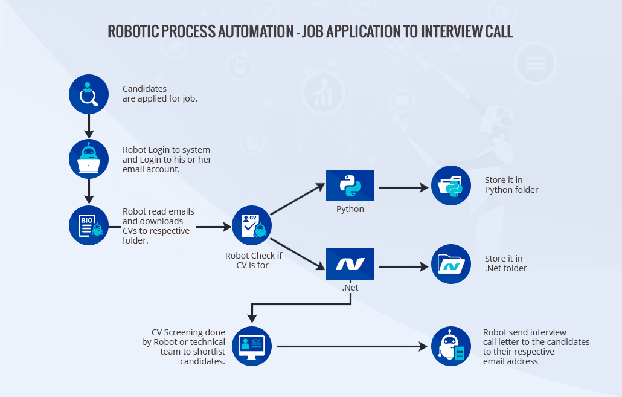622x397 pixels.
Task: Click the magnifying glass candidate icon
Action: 89,94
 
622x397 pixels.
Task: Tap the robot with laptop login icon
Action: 89,160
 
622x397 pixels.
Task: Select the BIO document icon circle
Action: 89,225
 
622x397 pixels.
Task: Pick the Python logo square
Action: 350,186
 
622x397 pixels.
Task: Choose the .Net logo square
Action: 350,263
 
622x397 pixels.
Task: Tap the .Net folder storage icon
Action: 450,263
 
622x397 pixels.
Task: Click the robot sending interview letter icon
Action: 450,347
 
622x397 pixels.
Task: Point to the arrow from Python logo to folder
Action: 403,188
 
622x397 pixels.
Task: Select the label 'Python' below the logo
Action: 350,209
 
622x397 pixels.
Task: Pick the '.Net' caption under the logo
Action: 350,288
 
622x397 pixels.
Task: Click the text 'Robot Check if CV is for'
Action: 253,260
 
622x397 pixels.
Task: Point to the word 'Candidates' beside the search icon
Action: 144,89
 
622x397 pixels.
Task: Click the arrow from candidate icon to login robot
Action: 89,126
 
